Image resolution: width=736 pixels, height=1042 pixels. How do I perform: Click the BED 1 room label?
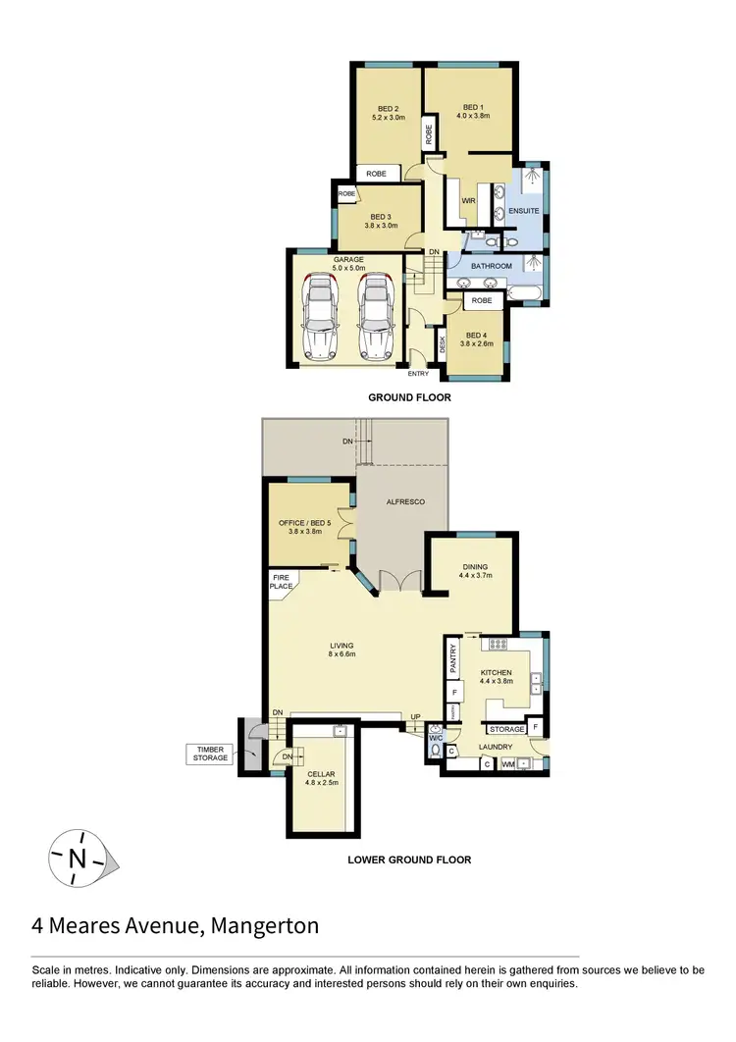[x=473, y=107]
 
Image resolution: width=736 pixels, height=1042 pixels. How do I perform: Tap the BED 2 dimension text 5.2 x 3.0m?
[x=388, y=118]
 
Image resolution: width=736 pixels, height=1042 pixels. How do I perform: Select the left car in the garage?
[x=320, y=316]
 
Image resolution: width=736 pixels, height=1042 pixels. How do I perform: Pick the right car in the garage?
[x=375, y=316]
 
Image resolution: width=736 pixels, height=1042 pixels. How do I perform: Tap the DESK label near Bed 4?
[x=443, y=343]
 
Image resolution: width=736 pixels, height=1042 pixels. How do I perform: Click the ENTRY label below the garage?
[x=419, y=373]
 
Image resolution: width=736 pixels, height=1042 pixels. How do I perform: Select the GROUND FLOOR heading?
[x=409, y=397]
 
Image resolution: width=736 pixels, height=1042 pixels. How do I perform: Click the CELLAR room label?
[x=321, y=774]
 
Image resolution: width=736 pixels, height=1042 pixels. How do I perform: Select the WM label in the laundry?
[x=508, y=763]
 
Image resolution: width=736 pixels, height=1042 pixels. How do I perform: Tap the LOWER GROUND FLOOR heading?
[x=409, y=860]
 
